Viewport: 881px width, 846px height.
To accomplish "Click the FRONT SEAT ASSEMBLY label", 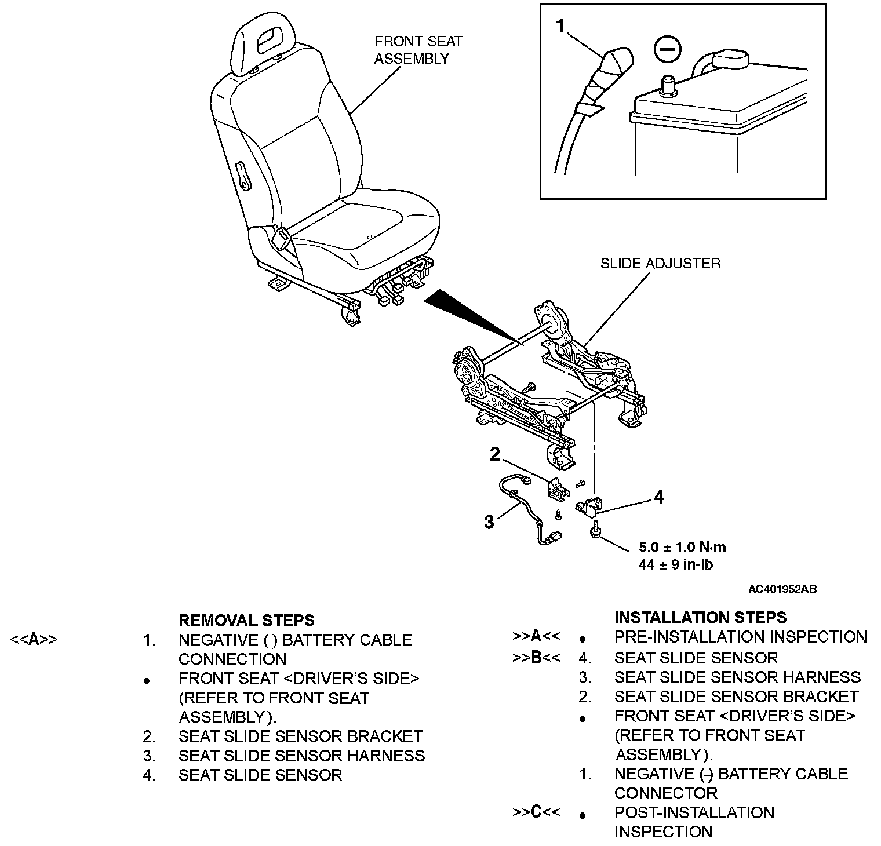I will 418,50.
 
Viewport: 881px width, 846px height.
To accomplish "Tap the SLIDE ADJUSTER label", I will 660,264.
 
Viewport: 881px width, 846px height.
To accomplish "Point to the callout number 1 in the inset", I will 560,25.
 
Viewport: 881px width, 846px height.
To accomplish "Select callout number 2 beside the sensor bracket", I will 494,454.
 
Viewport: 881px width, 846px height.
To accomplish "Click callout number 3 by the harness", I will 489,522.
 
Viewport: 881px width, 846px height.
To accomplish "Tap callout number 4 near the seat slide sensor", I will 658,497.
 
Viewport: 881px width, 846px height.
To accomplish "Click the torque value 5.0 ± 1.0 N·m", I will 682,547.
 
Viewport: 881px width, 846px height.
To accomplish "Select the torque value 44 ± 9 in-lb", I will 675,564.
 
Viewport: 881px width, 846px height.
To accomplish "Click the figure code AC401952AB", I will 782,589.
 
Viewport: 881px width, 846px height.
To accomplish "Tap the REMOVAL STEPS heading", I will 246,621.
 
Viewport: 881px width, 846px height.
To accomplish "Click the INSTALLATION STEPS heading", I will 700,617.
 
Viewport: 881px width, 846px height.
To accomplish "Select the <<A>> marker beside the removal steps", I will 34,640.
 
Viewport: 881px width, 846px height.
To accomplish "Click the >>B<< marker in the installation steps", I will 536,658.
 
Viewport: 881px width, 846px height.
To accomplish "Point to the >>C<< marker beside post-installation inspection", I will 536,812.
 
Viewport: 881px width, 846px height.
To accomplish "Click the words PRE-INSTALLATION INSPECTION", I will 740,637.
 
